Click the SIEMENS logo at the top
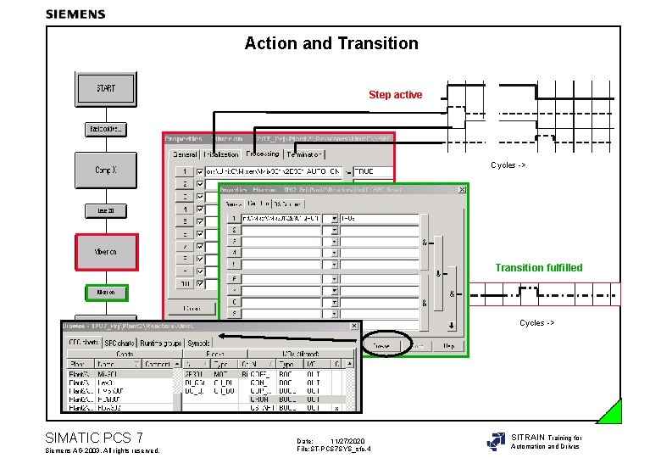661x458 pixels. coord(75,14)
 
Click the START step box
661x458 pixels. coord(105,88)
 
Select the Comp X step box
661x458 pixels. coord(105,170)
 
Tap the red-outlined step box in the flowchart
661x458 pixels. coord(105,252)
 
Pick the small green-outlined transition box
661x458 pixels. coord(106,293)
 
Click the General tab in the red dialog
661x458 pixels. coord(185,154)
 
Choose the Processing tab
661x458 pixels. coord(263,154)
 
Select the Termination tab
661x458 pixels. coord(305,154)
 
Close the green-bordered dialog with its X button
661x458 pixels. coord(460,191)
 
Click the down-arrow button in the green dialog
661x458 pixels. coord(452,324)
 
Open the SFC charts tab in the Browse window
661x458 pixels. coord(84,343)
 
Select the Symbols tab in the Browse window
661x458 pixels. coord(198,343)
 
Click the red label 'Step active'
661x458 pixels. coord(395,95)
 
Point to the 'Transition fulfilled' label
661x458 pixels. coord(539,268)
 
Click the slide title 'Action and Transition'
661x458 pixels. coord(331,43)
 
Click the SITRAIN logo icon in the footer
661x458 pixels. coord(496,441)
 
